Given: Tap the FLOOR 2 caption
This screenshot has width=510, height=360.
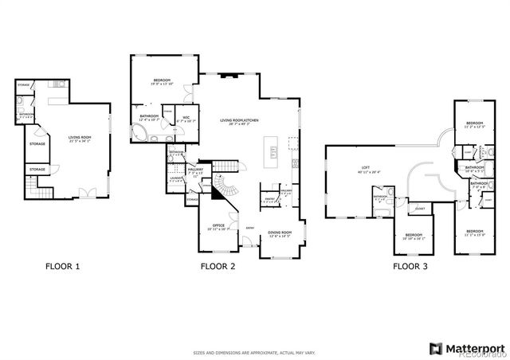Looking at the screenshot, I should pyautogui.click(x=218, y=266).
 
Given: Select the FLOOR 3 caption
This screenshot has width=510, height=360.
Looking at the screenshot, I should pyautogui.click(x=410, y=266).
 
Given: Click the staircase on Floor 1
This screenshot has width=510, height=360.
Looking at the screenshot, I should pyautogui.click(x=32, y=189).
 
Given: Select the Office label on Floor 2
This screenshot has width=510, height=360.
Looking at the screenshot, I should pyautogui.click(x=217, y=226).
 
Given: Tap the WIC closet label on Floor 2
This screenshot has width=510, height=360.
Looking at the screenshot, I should pyautogui.click(x=186, y=119).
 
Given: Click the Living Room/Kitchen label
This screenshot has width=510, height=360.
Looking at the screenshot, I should pyautogui.click(x=245, y=122).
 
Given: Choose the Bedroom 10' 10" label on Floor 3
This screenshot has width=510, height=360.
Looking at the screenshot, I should pyautogui.click(x=414, y=236).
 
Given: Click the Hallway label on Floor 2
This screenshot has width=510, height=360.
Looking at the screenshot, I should pyautogui.click(x=195, y=170).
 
